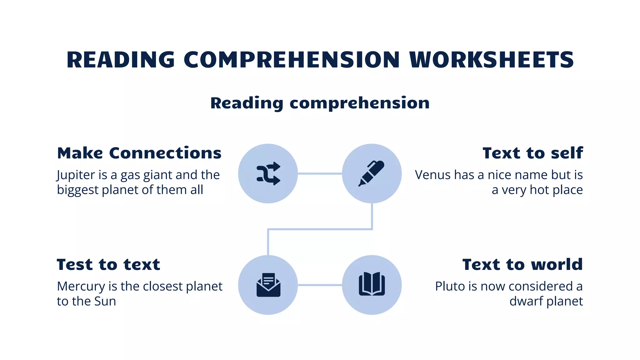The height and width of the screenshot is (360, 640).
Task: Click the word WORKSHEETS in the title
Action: pyautogui.click(x=492, y=60)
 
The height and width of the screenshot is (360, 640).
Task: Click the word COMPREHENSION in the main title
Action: pyautogui.click(x=292, y=60)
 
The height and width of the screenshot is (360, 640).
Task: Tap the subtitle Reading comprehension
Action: pyautogui.click(x=320, y=103)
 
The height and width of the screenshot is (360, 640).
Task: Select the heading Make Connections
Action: pyautogui.click(x=139, y=153)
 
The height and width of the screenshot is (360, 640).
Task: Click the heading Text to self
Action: pyautogui.click(x=532, y=153)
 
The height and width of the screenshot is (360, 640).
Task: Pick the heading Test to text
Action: pyautogui.click(x=108, y=265)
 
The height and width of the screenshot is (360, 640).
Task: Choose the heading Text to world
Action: pyautogui.click(x=522, y=265)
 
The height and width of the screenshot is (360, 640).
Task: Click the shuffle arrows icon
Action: pyautogui.click(x=268, y=174)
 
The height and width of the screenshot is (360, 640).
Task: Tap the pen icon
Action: pyautogui.click(x=372, y=174)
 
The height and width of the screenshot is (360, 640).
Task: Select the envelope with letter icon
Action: pyautogui.click(x=268, y=285)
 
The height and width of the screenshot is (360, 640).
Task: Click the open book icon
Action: pyautogui.click(x=372, y=284)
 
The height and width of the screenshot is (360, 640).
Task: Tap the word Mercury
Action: pyautogui.click(x=81, y=287)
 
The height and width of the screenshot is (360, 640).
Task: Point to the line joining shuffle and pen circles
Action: pyautogui.click(x=320, y=173)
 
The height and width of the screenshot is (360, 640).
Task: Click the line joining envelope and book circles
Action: pyautogui.click(x=320, y=285)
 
